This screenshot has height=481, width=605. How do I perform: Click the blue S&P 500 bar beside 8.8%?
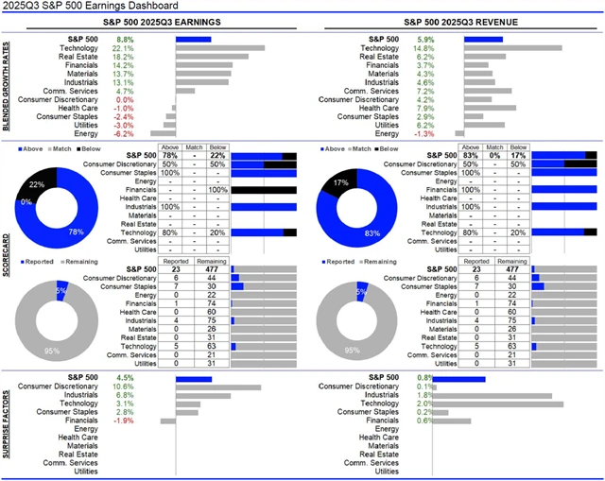pyautogui.click(x=193, y=39)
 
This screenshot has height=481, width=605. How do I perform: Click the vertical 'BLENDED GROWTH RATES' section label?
pyautogui.click(x=8, y=86)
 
